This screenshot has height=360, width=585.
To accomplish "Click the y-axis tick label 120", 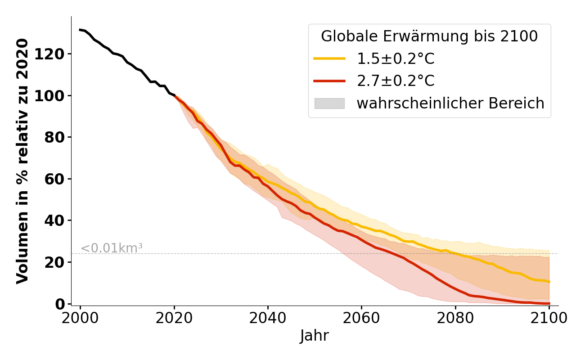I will click(56, 54).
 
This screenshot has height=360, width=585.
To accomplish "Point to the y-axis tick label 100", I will click(56, 95).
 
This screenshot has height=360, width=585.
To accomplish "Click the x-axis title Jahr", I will click(315, 336).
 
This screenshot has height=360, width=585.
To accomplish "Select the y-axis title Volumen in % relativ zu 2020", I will click(22, 161).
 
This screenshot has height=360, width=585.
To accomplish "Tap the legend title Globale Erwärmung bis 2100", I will click(429, 36).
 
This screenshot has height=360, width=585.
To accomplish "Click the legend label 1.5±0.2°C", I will click(396, 59).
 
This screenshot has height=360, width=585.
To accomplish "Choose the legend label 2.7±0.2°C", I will click(396, 81).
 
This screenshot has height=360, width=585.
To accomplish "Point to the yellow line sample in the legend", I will click(329, 58).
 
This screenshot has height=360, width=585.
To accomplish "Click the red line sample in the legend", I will click(329, 81).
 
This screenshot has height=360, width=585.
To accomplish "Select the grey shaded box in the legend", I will click(329, 103).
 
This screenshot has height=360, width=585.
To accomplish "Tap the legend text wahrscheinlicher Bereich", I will click(450, 103).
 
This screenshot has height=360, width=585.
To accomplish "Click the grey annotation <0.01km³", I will click(111, 248).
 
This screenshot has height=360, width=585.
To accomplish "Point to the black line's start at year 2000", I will click(80, 30).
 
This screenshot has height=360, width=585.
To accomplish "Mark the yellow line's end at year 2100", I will click(549, 282).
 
